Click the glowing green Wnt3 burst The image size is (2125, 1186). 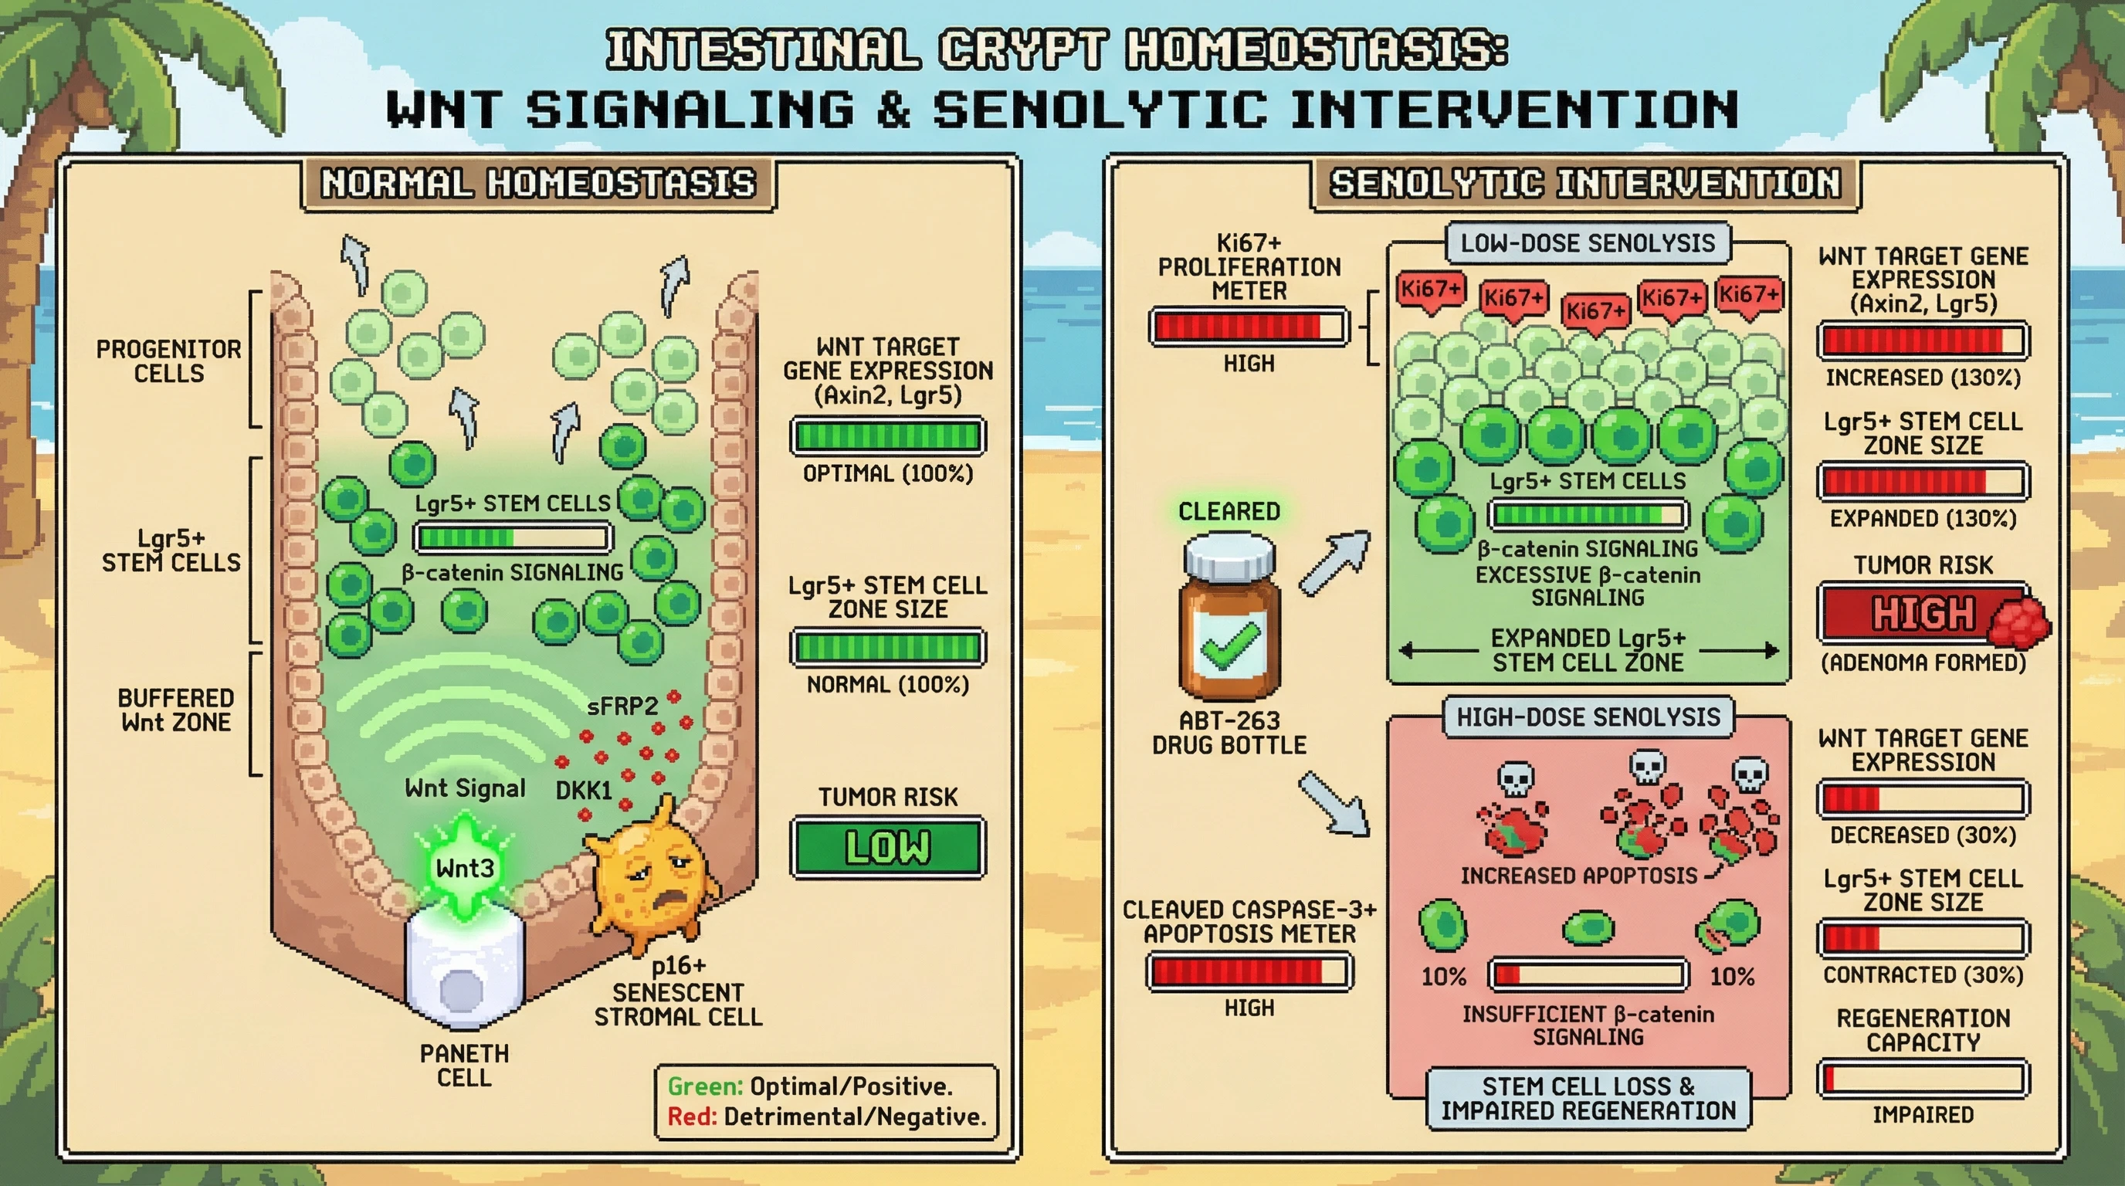pyautogui.click(x=464, y=866)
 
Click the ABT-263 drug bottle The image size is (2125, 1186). pyautogui.click(x=1230, y=618)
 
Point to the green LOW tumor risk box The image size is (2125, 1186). pyautogui.click(x=888, y=847)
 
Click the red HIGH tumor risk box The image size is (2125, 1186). pyautogui.click(x=1923, y=614)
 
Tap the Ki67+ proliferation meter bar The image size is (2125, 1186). pyautogui.click(x=1249, y=327)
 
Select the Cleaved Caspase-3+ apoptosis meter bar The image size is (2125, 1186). pyautogui.click(x=1249, y=972)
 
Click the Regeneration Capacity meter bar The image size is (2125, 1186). pyautogui.click(x=1923, y=1079)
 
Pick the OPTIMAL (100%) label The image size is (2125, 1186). pyautogui.click(x=888, y=473)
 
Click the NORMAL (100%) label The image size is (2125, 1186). pyautogui.click(x=888, y=685)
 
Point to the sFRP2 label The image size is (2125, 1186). pyautogui.click(x=622, y=706)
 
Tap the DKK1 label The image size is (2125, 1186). pyautogui.click(x=583, y=790)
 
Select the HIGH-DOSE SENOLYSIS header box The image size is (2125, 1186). pyautogui.click(x=1588, y=717)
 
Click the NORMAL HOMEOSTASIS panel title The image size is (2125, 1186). pyautogui.click(x=538, y=183)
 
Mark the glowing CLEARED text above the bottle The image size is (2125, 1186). pyautogui.click(x=1229, y=511)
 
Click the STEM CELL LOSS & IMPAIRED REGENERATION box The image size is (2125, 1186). pyautogui.click(x=1588, y=1098)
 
